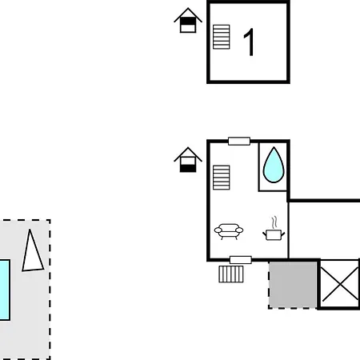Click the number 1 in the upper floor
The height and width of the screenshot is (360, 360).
[x=250, y=42]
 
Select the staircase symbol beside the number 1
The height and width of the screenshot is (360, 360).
[x=222, y=37]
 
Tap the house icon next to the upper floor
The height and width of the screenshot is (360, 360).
[x=188, y=20]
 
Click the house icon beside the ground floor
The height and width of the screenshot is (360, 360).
[x=188, y=159]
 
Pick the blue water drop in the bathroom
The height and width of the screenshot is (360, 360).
[x=274, y=166]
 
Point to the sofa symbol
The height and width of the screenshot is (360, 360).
[x=229, y=231]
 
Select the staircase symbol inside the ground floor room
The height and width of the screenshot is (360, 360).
[x=222, y=178]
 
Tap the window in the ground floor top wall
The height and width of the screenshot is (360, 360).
[x=239, y=141]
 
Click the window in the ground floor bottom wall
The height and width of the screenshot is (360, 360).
[x=241, y=260]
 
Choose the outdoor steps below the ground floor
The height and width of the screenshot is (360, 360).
[x=231, y=274]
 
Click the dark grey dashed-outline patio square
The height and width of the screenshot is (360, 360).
[x=293, y=285]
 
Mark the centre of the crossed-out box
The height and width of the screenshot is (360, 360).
[x=340, y=284]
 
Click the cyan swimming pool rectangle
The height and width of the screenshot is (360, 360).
[x=5, y=290]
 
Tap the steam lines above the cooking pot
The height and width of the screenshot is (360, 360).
[x=274, y=222]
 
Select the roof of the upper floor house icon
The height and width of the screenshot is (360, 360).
[x=188, y=15]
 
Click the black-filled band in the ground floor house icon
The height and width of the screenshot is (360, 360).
[x=188, y=169]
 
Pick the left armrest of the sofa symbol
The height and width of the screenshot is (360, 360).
[x=218, y=230]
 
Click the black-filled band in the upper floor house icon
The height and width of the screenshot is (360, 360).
[x=188, y=21]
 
